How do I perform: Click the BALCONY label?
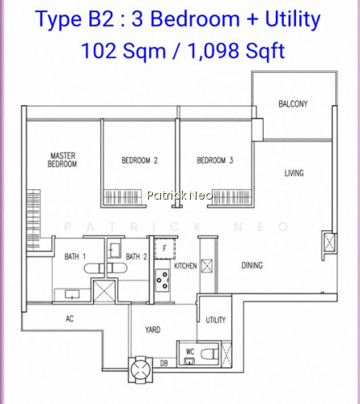point(293,103)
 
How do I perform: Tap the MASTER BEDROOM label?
point(62,160)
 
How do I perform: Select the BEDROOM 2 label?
point(139,161)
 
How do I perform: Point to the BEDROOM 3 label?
point(215,161)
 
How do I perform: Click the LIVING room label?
point(294,173)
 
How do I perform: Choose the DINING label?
point(252,266)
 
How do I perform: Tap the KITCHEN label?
point(185,266)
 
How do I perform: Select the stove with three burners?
point(163,280)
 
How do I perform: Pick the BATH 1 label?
point(75,256)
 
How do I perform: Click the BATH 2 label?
point(137,256)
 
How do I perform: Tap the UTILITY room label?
point(215,320)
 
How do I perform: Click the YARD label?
point(153,330)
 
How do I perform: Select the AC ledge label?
point(70,319)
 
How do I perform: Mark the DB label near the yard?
point(164,364)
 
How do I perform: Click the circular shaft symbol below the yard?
point(140,369)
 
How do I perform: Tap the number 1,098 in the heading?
point(213,51)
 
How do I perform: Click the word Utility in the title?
point(293,19)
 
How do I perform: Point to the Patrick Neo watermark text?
point(180,196)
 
